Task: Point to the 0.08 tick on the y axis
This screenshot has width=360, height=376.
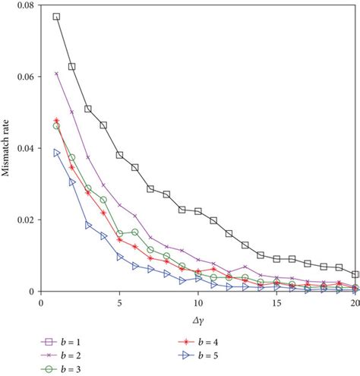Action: coord(26,6)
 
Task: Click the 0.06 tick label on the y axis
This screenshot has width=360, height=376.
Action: coord(26,77)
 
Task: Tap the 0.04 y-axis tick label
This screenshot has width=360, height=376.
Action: coord(26,149)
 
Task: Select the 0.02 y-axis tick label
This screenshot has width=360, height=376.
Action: coord(26,220)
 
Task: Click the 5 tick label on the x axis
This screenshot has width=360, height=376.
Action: coord(119,302)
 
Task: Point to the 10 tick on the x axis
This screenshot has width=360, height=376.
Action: coord(198,302)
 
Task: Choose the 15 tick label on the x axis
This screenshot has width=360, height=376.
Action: coord(277,302)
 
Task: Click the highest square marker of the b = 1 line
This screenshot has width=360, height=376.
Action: coord(56,17)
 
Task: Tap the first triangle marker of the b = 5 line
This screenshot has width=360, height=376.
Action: coord(56,153)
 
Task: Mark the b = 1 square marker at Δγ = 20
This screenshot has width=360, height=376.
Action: coord(356,274)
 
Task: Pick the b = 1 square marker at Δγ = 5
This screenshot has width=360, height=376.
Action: coord(119,155)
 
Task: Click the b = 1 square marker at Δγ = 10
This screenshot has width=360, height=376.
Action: coord(198,211)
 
